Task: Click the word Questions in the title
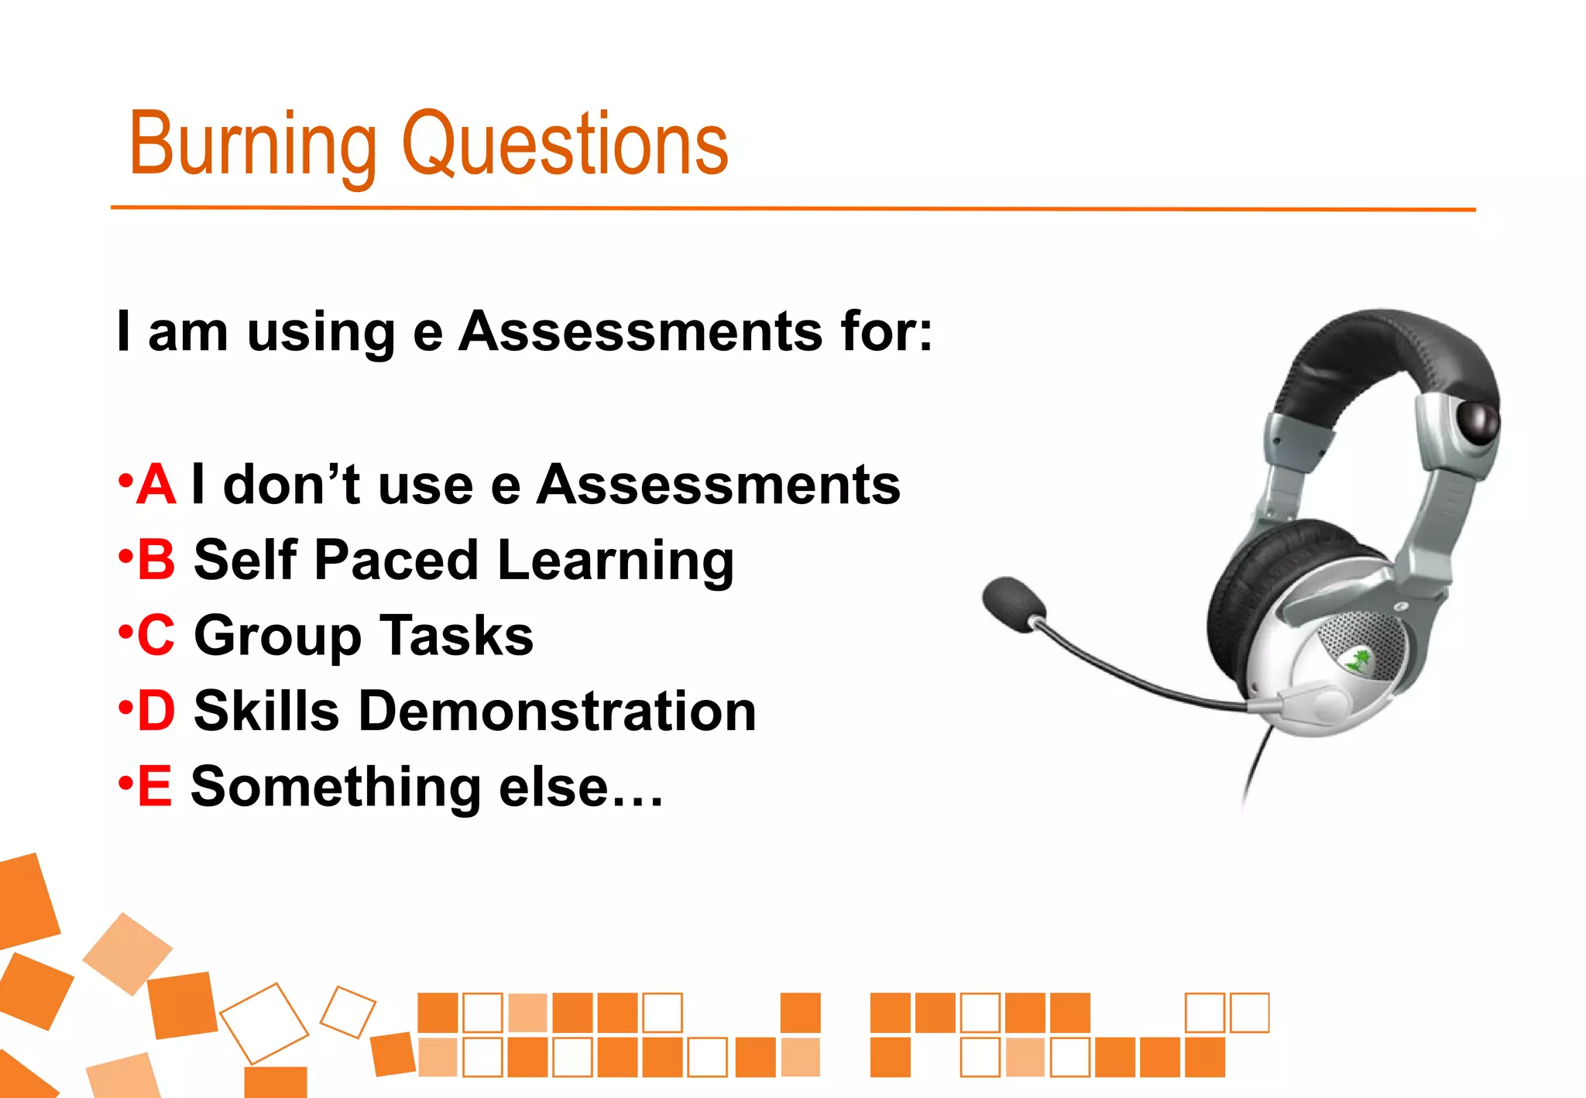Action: click(x=565, y=144)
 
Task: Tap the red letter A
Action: click(x=156, y=486)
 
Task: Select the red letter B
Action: click(x=156, y=560)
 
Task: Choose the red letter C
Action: click(x=156, y=635)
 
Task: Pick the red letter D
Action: click(x=156, y=711)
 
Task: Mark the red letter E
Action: click(x=155, y=786)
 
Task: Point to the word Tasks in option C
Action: click(x=456, y=635)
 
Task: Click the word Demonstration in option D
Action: click(x=557, y=711)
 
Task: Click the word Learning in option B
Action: click(x=616, y=561)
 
